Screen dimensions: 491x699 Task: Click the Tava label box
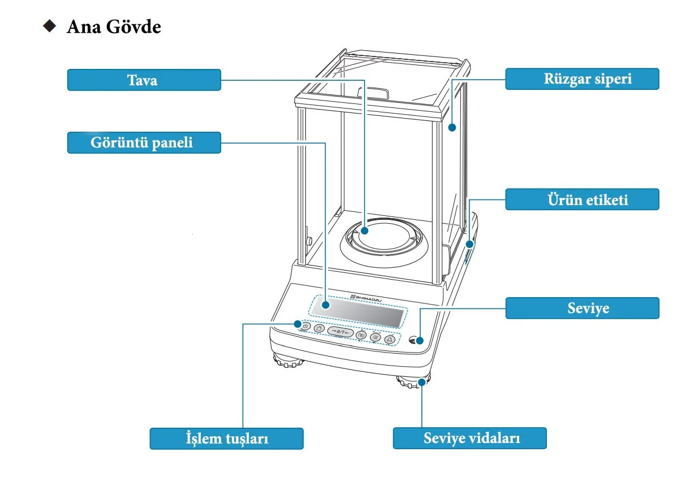tap(144, 80)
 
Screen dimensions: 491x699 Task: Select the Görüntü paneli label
tap(144, 142)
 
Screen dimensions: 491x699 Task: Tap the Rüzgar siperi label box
tap(582, 79)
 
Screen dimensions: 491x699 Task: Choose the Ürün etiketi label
tap(582, 199)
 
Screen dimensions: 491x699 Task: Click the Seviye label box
tap(582, 308)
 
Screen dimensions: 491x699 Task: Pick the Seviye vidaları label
tap(469, 438)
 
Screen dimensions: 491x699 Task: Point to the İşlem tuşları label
tap(226, 438)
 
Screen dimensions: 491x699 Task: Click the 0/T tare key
tap(340, 331)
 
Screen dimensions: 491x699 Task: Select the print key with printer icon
tap(390, 339)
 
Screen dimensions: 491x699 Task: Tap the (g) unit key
tap(362, 335)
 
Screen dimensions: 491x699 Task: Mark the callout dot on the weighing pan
tap(365, 231)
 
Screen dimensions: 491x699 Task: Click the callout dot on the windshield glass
tap(452, 128)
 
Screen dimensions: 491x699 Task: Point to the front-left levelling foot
tap(288, 360)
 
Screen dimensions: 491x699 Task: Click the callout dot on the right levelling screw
tap(422, 383)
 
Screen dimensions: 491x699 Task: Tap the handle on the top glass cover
tap(373, 92)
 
